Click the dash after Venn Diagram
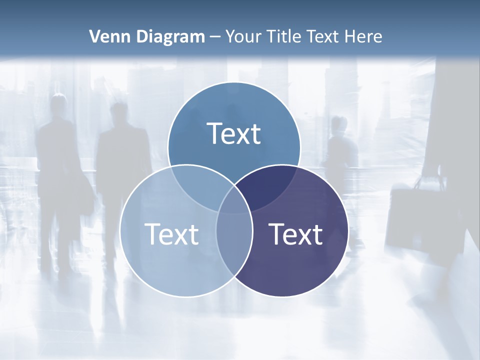coord(215,37)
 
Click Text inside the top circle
coord(234,133)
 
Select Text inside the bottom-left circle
coord(171,234)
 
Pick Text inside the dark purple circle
coord(296,234)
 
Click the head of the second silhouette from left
coord(119,112)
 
